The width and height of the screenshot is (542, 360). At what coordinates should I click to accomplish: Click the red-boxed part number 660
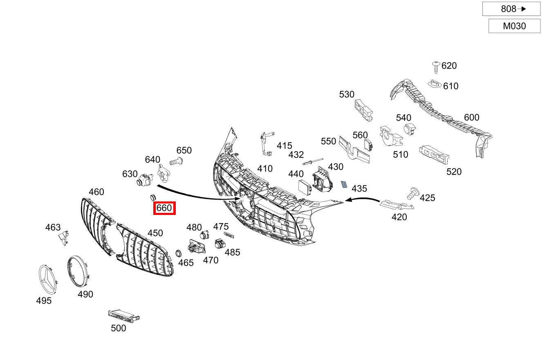[164, 208]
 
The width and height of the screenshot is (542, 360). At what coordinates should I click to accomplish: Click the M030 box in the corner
[514, 26]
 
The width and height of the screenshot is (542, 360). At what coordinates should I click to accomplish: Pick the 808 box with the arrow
[511, 9]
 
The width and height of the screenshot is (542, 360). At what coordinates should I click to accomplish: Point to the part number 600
[471, 118]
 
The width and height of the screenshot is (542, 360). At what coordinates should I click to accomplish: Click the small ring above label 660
[153, 197]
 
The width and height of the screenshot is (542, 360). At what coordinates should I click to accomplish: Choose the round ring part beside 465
[178, 253]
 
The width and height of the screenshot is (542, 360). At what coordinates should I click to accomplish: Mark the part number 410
[264, 168]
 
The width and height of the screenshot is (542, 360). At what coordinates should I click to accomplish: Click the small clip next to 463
[63, 237]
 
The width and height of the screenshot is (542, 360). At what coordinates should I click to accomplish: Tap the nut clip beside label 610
[435, 85]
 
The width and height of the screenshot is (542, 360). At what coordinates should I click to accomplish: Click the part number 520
[454, 172]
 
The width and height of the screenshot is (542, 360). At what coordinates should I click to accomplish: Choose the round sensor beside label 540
[409, 130]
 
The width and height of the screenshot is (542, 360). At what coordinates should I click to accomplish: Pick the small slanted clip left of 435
[344, 185]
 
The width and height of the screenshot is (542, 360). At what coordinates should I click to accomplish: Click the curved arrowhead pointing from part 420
[348, 200]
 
